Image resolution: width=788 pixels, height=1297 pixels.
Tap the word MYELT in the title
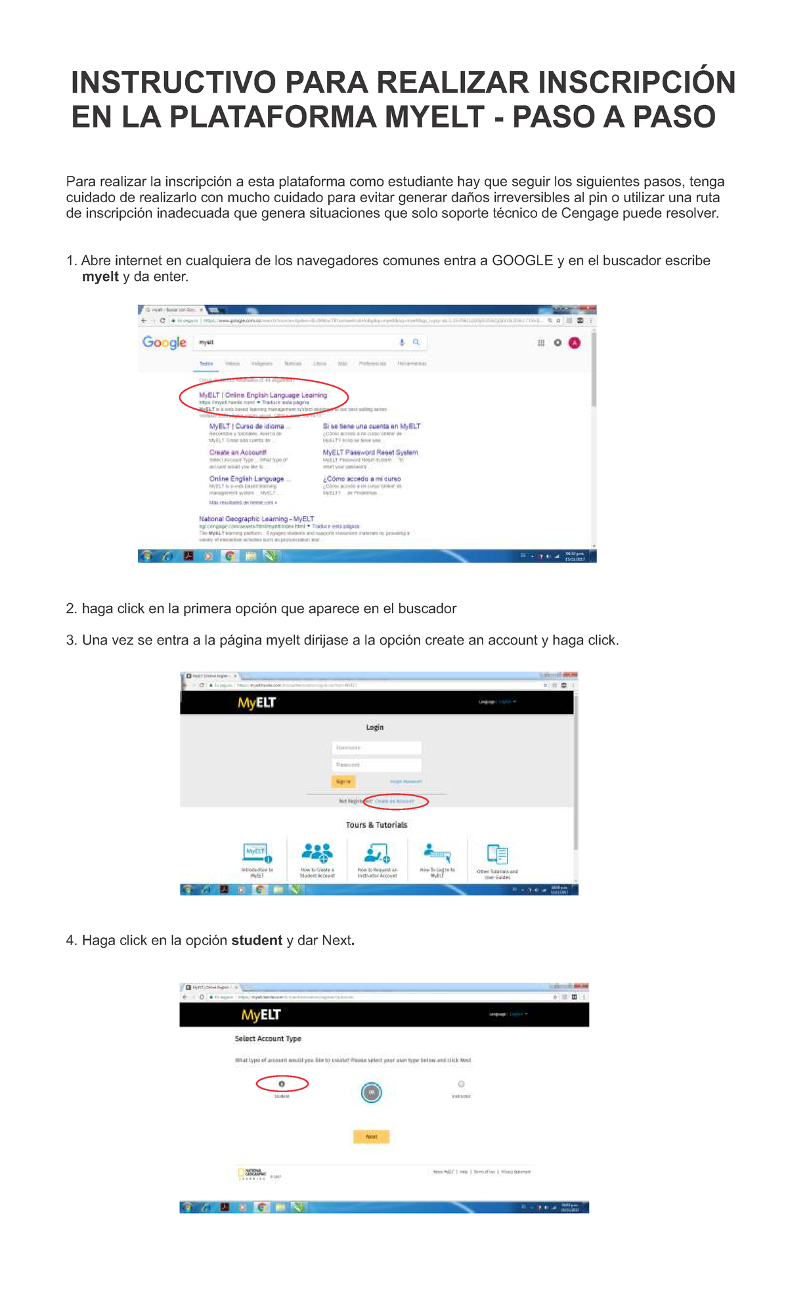click(434, 117)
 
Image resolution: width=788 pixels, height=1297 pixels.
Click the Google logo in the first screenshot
click(164, 342)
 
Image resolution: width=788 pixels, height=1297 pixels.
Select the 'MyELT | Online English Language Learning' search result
click(263, 395)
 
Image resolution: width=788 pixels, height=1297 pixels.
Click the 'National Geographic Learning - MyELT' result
click(256, 519)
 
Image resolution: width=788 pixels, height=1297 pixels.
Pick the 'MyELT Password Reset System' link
click(370, 452)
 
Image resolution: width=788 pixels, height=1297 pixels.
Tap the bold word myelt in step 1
click(100, 277)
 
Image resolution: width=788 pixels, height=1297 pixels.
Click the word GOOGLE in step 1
click(522, 261)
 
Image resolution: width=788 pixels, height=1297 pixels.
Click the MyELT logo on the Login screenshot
click(257, 703)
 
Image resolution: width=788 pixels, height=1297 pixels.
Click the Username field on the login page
click(376, 748)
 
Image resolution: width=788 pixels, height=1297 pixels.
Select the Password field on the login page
click(376, 765)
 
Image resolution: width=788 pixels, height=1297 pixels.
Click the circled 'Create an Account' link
click(395, 801)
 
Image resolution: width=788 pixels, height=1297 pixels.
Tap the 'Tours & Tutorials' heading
click(376, 825)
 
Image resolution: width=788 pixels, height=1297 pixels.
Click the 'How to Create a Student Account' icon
click(317, 853)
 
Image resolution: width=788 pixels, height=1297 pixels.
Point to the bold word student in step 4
click(256, 941)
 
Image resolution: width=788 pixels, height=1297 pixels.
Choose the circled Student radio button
click(282, 1084)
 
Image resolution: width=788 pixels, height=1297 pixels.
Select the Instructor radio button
click(461, 1084)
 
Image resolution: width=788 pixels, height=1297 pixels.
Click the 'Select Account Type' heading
click(268, 1038)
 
